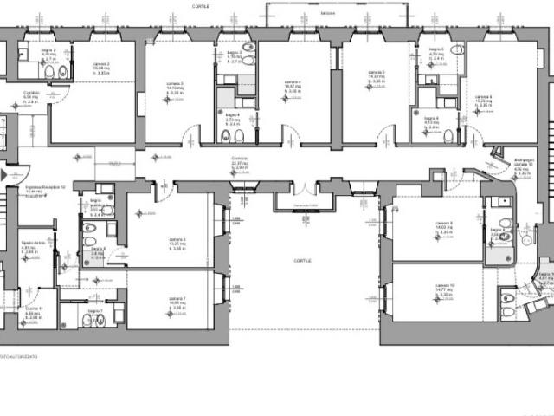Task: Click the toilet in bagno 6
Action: (448, 136)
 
